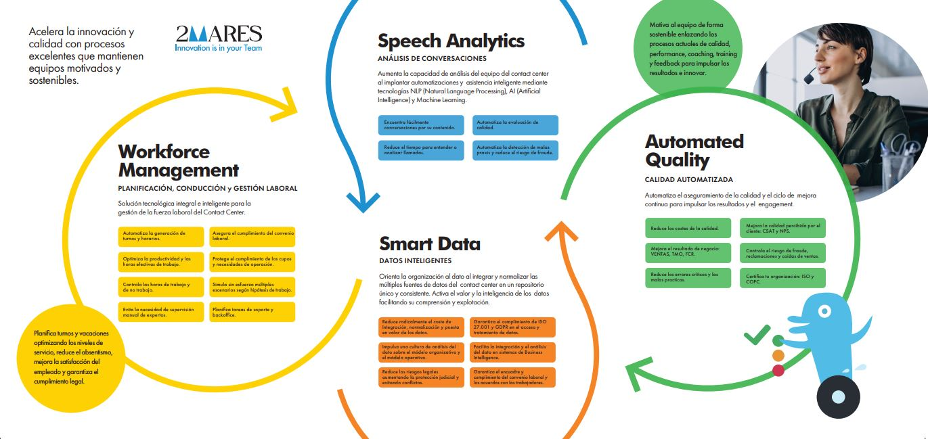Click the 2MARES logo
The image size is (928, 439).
tap(218, 34)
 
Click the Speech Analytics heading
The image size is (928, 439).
tap(451, 41)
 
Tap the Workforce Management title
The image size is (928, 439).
tap(178, 160)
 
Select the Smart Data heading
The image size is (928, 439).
tap(430, 244)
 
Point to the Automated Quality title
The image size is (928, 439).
tap(694, 151)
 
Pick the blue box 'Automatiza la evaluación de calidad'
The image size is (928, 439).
tap(516, 125)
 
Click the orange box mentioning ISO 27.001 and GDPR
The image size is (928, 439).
tap(513, 327)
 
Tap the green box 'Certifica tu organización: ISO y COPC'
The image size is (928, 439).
tap(782, 278)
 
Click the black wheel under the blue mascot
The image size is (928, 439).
tap(839, 397)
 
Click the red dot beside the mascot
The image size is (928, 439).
tap(778, 370)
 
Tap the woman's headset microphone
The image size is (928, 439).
tap(809, 78)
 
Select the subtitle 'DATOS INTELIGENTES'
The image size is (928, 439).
tap(415, 260)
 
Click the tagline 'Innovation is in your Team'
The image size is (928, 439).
tap(218, 48)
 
